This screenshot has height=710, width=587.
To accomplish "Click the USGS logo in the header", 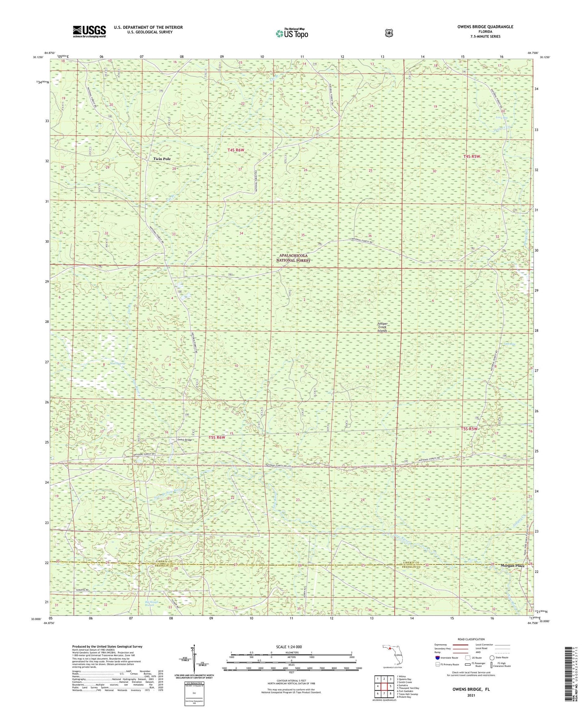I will [x=89, y=31].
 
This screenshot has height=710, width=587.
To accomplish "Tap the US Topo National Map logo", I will [x=292, y=33].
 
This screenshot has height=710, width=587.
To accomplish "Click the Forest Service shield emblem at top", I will [x=389, y=33].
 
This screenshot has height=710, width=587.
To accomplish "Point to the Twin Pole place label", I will [x=162, y=159].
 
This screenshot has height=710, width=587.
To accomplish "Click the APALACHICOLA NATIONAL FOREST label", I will [x=293, y=258].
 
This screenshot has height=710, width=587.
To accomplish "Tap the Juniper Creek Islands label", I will [x=382, y=327].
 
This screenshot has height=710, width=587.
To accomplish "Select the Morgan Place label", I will [x=512, y=566].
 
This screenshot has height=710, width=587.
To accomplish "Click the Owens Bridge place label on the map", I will [x=184, y=440].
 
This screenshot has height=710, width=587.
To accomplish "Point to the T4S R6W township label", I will [x=236, y=150].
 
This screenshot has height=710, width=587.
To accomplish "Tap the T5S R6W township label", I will [x=217, y=438].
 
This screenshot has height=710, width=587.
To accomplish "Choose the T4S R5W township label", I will [x=472, y=157].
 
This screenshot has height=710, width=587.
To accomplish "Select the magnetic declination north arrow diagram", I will [x=194, y=658].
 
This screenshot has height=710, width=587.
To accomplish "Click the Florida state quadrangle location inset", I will [x=392, y=656].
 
